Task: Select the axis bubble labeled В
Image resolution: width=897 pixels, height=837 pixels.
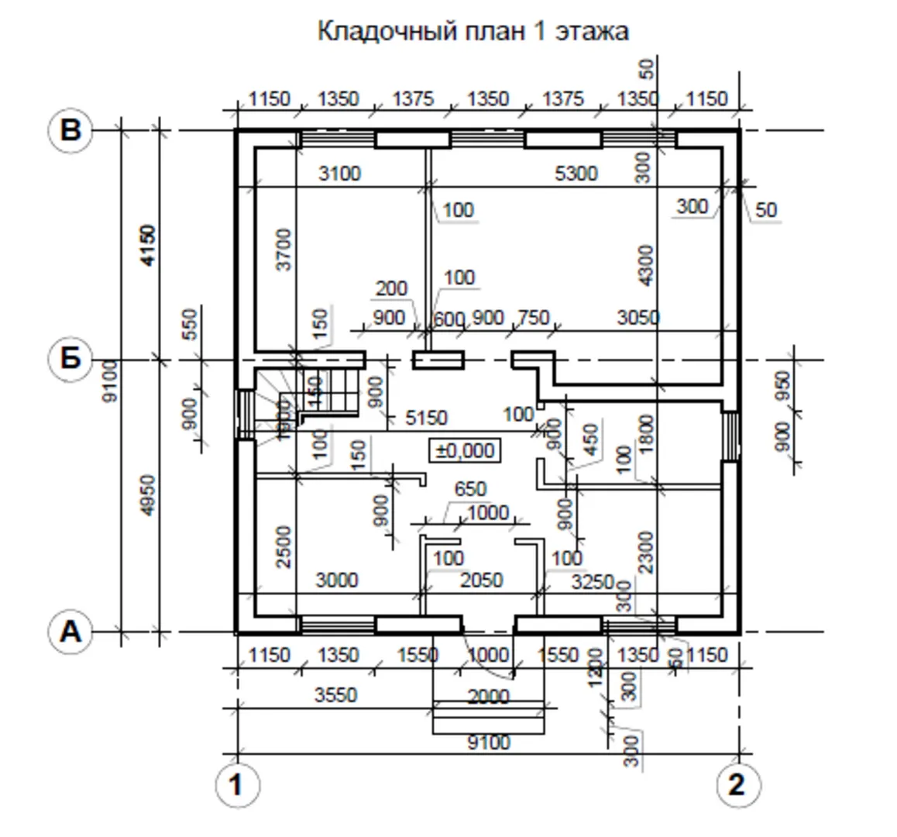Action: pos(70,129)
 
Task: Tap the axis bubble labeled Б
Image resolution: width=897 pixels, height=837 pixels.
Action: pos(70,360)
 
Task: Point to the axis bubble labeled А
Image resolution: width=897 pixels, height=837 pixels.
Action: pos(70,632)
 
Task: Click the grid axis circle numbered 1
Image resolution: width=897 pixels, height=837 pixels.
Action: pos(235,786)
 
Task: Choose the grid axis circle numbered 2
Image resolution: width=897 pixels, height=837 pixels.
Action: pos(736,786)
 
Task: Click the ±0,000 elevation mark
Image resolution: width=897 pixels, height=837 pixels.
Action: pos(465,450)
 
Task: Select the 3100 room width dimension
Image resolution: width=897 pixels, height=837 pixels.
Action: pos(339,174)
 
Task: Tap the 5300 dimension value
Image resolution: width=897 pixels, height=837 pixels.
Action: pos(576,174)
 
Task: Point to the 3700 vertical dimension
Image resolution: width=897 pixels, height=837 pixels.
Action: pos(284,249)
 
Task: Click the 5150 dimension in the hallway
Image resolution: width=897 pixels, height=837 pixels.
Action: pos(426,418)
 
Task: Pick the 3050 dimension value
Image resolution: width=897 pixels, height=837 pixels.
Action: pos(638,318)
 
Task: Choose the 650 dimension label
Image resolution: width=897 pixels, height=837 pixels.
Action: pos(470,489)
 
